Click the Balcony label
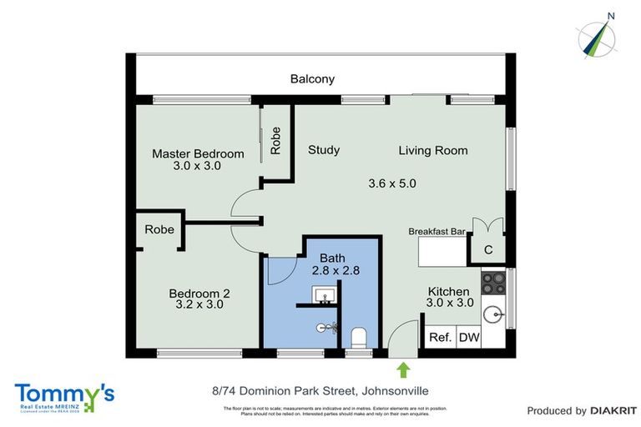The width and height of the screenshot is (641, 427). tap(312, 79)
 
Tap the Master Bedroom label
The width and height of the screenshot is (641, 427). tap(198, 153)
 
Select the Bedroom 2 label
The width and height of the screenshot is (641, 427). tap(199, 293)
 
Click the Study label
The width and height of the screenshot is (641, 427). tap(324, 150)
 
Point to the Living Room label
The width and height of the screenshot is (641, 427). tap(432, 150)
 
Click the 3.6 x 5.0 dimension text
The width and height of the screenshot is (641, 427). tap(392, 183)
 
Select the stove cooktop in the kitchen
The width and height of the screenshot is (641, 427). tap(493, 284)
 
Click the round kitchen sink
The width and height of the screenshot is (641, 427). tap(494, 315)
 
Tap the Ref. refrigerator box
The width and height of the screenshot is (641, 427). tap(440, 338)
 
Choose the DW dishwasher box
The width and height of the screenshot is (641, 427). tap(469, 338)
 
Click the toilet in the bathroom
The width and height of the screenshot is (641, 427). tap(360, 337)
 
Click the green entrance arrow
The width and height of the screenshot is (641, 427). tap(404, 369)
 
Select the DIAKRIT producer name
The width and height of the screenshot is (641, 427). tap(613, 410)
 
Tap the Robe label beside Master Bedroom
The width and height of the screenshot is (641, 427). tap(276, 142)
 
